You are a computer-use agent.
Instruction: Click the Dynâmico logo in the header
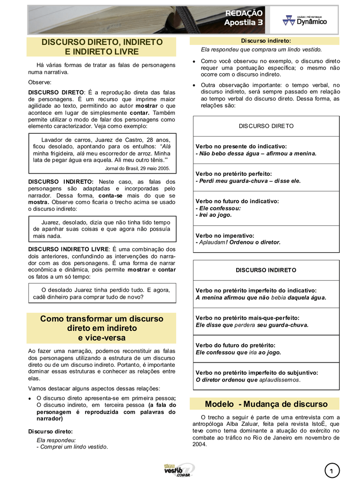tap(304, 20)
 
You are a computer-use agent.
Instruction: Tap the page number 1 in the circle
tap(332, 471)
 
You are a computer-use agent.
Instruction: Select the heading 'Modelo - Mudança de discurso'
tap(266, 404)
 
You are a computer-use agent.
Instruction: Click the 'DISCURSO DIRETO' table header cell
tap(266, 126)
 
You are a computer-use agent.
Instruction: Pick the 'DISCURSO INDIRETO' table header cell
tap(266, 270)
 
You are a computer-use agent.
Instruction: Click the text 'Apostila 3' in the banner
tap(243, 22)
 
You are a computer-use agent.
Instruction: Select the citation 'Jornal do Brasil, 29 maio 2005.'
tap(137, 168)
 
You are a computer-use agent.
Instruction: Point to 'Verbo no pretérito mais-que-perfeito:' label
tap(247, 318)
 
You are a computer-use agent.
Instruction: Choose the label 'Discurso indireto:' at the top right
tap(266, 41)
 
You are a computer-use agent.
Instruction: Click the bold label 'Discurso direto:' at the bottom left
tap(51, 431)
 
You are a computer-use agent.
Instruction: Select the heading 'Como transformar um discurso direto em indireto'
tap(102, 328)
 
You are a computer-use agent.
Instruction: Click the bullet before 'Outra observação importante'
tap(194, 86)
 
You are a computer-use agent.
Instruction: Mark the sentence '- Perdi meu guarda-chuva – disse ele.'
tap(248, 181)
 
